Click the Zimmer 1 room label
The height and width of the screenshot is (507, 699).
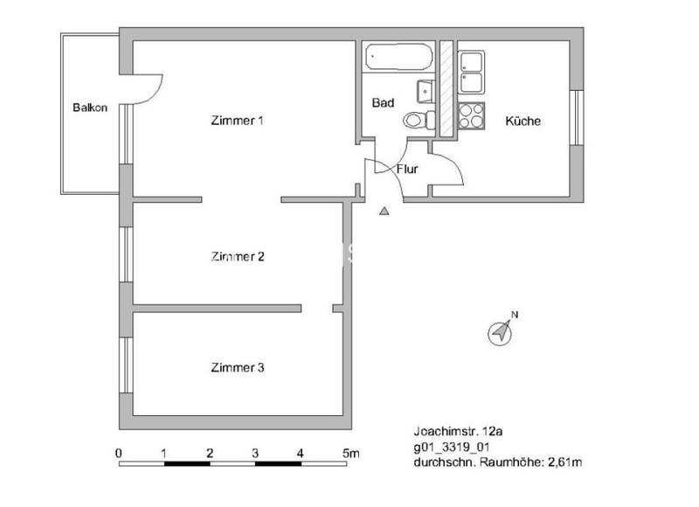click(x=238, y=121)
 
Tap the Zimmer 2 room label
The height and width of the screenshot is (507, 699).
click(x=238, y=257)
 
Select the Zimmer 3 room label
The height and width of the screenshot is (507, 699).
click(x=238, y=368)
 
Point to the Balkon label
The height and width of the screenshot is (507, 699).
click(x=90, y=108)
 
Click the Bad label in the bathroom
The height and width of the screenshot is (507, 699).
click(x=383, y=103)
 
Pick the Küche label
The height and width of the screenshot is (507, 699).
click(x=523, y=122)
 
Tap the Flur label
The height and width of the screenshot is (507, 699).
click(x=407, y=169)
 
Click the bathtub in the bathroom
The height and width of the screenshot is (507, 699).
click(x=398, y=59)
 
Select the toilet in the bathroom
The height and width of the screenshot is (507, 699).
click(x=417, y=121)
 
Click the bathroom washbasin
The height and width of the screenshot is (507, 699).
click(x=425, y=89)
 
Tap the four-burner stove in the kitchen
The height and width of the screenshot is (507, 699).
click(x=471, y=115)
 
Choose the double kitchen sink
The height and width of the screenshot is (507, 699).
click(x=471, y=72)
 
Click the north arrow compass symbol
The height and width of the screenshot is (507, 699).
click(x=502, y=331)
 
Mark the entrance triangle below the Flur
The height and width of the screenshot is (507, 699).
click(x=384, y=210)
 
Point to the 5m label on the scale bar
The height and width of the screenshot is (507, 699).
click(x=350, y=453)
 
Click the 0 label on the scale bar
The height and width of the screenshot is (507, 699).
click(x=119, y=453)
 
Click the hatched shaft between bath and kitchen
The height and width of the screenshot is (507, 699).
click(x=446, y=87)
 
